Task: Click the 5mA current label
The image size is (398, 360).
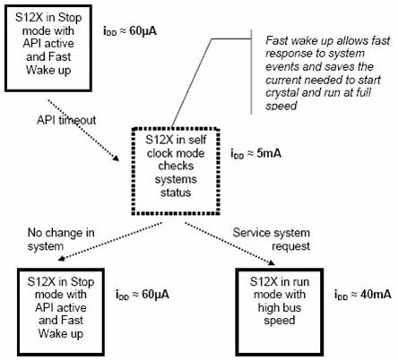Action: click(x=255, y=154)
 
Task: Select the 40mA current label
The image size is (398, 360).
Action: click(x=362, y=295)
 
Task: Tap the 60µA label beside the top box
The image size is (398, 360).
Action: click(x=130, y=31)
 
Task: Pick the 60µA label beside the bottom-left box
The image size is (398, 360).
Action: click(x=143, y=295)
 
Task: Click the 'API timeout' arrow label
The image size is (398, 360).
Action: click(x=66, y=120)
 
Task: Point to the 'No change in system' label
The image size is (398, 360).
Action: click(x=61, y=239)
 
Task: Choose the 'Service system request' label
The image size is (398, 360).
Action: click(x=272, y=239)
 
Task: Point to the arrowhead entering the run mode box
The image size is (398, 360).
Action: click(x=272, y=262)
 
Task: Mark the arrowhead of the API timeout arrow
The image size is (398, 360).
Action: click(x=116, y=159)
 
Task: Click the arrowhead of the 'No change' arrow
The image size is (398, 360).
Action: click(x=61, y=258)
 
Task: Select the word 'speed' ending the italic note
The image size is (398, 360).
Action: click(x=281, y=106)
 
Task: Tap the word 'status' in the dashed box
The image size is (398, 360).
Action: click(x=176, y=193)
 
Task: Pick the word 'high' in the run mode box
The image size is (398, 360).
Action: click(x=268, y=308)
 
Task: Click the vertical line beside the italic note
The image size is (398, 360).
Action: click(x=251, y=72)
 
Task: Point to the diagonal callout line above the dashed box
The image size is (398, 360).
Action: click(x=192, y=83)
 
